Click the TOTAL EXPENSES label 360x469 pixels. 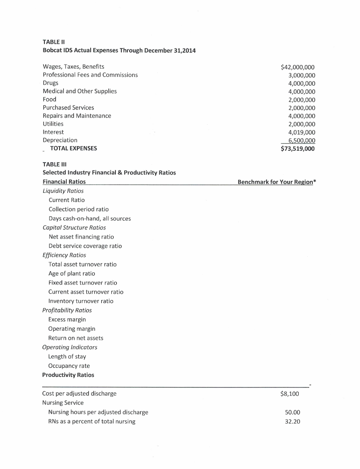73,148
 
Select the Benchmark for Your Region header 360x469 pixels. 277,182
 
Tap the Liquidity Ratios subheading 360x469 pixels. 63,191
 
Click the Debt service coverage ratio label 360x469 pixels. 85,246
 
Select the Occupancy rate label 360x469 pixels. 69,365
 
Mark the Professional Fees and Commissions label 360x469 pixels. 90,75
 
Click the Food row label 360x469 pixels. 49,99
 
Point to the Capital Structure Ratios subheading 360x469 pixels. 74,227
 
